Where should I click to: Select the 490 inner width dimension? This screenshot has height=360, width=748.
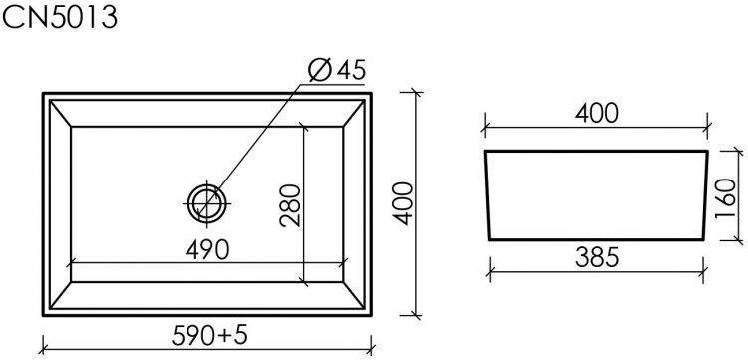tap(208, 246)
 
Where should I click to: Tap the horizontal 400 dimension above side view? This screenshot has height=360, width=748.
tap(597, 113)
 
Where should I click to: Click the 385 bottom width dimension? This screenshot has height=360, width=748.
tap(597, 256)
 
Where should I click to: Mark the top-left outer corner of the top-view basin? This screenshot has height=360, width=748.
tap(45, 94)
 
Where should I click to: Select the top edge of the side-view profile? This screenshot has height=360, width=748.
tap(597, 152)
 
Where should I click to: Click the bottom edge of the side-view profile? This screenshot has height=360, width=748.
tap(597, 239)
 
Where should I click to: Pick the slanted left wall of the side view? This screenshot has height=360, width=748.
tap(487, 195)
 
